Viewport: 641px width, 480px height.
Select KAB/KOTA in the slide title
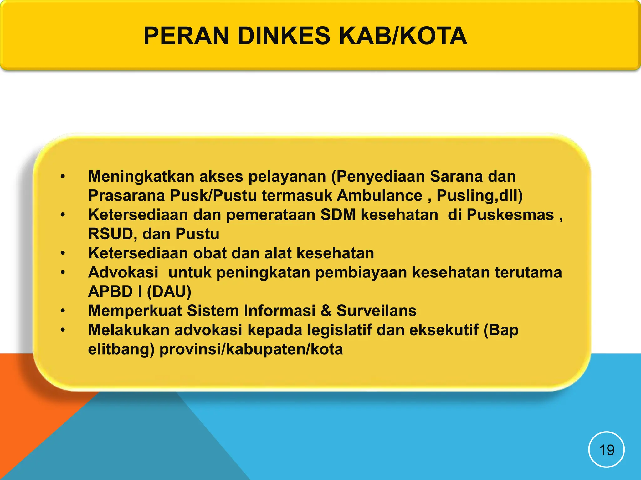click(x=403, y=36)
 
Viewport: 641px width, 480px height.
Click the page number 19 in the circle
click(x=606, y=450)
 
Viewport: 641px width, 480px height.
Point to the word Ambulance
click(x=379, y=196)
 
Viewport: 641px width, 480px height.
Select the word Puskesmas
click(x=510, y=215)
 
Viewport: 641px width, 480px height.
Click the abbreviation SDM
click(x=338, y=215)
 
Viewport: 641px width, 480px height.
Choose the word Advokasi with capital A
click(x=123, y=272)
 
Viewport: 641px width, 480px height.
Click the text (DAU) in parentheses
click(x=169, y=292)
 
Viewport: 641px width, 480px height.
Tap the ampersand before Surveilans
click(x=326, y=311)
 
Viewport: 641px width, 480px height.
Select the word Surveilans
click(x=377, y=311)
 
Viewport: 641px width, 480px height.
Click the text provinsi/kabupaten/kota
click(x=251, y=349)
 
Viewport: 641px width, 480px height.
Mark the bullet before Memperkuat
click(x=63, y=311)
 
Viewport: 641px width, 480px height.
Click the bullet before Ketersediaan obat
click(x=63, y=253)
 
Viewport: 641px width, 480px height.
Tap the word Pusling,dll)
click(x=479, y=196)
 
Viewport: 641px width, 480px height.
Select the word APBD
click(x=110, y=292)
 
